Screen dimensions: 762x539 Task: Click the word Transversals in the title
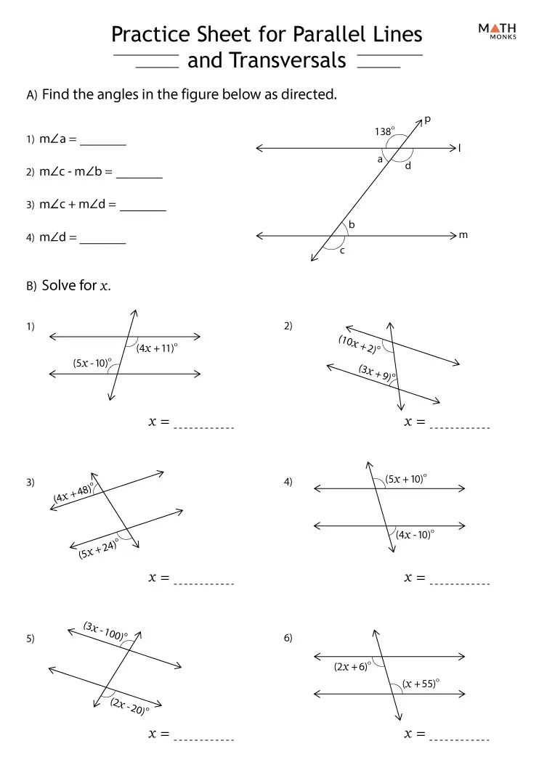coord(267,61)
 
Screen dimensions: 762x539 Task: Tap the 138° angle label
coord(384,132)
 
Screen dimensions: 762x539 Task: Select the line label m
coord(463,235)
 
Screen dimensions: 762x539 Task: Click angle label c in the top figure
coord(342,251)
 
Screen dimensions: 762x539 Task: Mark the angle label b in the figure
coord(352,225)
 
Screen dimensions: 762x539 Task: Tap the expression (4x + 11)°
coord(157,348)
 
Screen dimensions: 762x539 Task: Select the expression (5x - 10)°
coord(92,363)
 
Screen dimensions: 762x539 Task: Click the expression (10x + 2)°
coord(359,344)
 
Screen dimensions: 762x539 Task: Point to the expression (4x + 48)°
coord(74,493)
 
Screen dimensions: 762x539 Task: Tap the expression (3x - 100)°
coord(105,631)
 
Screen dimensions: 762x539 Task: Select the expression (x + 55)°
coord(421,684)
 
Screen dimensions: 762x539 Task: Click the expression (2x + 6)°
coord(352,667)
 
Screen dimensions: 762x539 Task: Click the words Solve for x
coord(76,285)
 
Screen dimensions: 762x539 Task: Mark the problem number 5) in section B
coord(31,639)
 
